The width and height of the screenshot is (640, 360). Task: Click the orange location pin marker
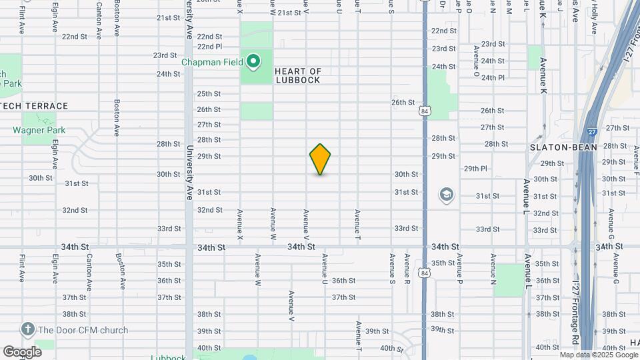(320, 159)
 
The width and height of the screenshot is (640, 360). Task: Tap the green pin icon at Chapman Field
(253, 62)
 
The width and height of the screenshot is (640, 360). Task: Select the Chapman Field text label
(213, 62)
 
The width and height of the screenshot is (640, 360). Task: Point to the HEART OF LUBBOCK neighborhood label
(298, 75)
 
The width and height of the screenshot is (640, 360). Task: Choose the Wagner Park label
(39, 130)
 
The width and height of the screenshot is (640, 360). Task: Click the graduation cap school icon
(446, 195)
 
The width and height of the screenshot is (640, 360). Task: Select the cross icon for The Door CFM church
(27, 329)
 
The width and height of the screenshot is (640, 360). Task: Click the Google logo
(22, 351)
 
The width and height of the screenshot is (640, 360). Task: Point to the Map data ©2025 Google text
(599, 355)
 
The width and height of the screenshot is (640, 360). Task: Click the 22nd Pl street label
(209, 47)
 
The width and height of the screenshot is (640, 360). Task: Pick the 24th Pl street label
(493, 77)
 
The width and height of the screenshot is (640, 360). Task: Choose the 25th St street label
(208, 94)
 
